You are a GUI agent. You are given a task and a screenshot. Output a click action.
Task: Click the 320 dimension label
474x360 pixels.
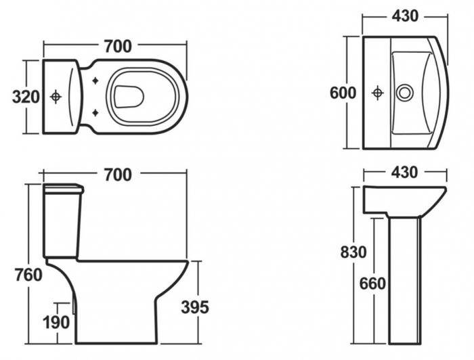(26, 97)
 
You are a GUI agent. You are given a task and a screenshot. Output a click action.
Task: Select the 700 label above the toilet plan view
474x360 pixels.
(117, 47)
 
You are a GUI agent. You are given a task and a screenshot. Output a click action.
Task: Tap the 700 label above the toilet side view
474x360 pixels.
(117, 175)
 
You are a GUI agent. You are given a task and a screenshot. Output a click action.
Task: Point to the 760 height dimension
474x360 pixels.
(27, 275)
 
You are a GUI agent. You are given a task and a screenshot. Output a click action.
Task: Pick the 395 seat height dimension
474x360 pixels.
(194, 307)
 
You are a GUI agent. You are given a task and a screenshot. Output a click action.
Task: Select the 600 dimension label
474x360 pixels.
(343, 93)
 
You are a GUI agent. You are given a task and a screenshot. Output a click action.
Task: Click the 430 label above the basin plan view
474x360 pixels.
(404, 16)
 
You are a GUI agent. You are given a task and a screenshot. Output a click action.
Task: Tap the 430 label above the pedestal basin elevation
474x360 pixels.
(404, 173)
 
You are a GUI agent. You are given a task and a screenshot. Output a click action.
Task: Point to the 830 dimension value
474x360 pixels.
(353, 252)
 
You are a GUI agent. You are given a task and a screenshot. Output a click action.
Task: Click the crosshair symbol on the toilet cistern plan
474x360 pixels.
(56, 97)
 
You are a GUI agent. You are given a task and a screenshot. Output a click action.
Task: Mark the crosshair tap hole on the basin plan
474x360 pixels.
(377, 93)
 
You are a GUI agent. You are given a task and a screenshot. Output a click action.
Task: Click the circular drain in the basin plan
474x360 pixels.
(404, 93)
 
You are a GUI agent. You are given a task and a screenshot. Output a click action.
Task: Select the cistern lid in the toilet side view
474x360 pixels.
(63, 188)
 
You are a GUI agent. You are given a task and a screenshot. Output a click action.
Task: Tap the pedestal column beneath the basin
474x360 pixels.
(405, 277)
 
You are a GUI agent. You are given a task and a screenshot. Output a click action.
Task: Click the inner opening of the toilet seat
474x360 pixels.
(129, 97)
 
